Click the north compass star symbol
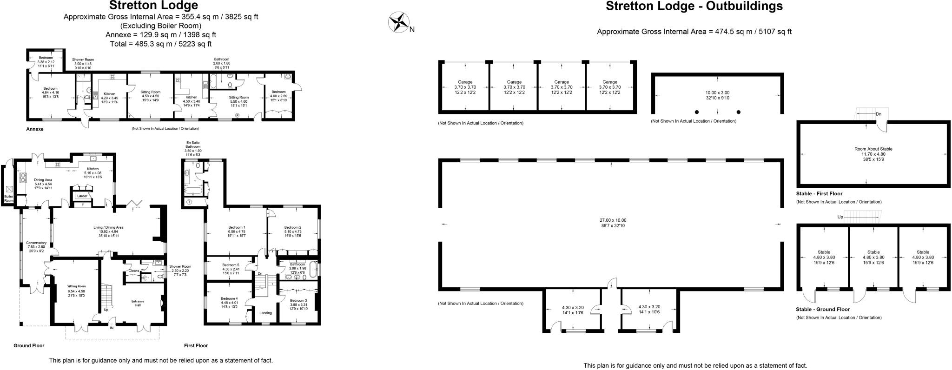(398, 22)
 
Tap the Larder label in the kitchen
(82, 196)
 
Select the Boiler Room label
(9, 198)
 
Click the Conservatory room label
(36, 243)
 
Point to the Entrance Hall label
(138, 303)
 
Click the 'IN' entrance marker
(112, 328)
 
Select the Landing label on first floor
(265, 313)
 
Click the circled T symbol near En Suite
(189, 202)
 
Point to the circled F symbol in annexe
(237, 115)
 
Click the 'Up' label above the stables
(840, 217)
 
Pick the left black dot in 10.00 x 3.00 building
(697, 112)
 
